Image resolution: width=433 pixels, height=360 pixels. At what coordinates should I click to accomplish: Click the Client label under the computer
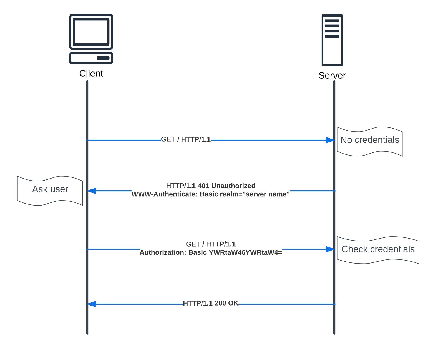(91, 74)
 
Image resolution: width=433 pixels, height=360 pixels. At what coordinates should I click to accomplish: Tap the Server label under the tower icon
(332, 76)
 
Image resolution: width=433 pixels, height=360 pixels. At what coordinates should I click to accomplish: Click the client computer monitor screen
(91, 32)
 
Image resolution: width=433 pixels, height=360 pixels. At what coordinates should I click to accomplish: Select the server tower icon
(332, 40)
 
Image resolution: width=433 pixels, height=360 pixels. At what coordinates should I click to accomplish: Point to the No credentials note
(369, 140)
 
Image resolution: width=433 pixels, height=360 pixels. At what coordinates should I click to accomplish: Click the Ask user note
(50, 189)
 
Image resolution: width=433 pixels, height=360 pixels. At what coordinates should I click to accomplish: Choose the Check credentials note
(378, 249)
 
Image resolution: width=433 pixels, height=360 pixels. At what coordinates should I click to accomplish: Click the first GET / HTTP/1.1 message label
(186, 139)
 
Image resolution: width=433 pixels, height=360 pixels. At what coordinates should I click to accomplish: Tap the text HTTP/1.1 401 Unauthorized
(211, 186)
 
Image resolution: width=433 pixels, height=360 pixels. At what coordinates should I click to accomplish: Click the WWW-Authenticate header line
(211, 194)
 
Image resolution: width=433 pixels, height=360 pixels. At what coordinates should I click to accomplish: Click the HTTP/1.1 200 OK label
(211, 303)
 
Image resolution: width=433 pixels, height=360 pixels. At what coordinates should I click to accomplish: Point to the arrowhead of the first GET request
(330, 140)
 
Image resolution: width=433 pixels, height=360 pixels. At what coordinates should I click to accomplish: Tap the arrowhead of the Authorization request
(330, 249)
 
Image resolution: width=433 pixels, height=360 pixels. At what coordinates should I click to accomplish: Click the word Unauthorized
(233, 186)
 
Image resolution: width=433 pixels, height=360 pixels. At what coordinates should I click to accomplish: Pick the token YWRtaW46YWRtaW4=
(245, 252)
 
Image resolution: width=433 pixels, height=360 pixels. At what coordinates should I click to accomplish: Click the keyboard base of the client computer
(91, 58)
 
